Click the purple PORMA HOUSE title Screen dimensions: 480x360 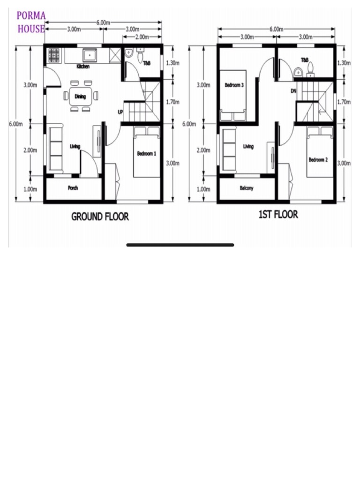click(31, 22)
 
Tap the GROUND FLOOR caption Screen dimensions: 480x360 click(100, 217)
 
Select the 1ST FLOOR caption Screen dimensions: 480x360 click(278, 215)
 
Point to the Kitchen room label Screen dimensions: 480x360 click(83, 67)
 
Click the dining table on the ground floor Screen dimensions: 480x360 click(80, 97)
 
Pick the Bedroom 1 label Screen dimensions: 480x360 click(147, 154)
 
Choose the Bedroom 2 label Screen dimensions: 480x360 click(318, 160)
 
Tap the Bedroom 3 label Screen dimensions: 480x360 click(234, 85)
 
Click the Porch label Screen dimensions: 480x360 click(73, 188)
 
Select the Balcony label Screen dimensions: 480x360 click(247, 188)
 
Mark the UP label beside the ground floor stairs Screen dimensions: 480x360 click(120, 112)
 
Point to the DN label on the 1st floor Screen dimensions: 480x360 click(293, 91)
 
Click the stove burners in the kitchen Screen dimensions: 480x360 click(54, 55)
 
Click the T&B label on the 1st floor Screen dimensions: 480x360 click(305, 60)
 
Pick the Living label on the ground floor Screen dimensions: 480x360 click(75, 146)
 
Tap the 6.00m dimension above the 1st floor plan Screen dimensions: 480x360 click(276, 29)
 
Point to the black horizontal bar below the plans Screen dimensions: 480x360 click(180, 245)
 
